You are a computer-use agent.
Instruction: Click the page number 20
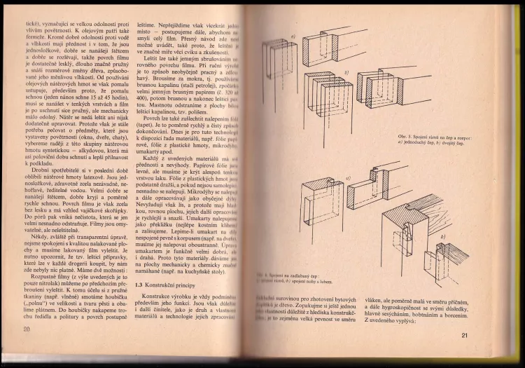click(x=27, y=330)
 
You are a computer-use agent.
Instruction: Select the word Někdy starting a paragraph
click(x=43, y=217)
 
